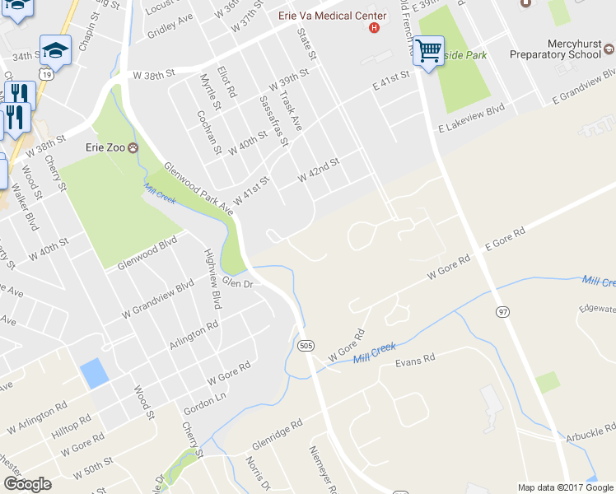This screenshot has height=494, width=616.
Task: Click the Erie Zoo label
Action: point(105,148)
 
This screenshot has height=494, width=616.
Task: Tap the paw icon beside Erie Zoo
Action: point(131,148)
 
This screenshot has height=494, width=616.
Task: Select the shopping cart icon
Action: point(428,51)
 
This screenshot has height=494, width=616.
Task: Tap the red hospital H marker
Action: point(375,27)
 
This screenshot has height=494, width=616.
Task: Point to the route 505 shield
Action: point(305,344)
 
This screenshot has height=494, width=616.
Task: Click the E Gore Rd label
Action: point(505,240)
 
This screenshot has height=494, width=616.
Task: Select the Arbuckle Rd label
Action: point(590,431)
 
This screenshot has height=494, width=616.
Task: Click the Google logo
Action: point(27,484)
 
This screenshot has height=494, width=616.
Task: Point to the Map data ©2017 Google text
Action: point(565,487)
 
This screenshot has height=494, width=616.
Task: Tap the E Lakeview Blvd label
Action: point(471,118)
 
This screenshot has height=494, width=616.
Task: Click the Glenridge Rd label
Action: point(278,433)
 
